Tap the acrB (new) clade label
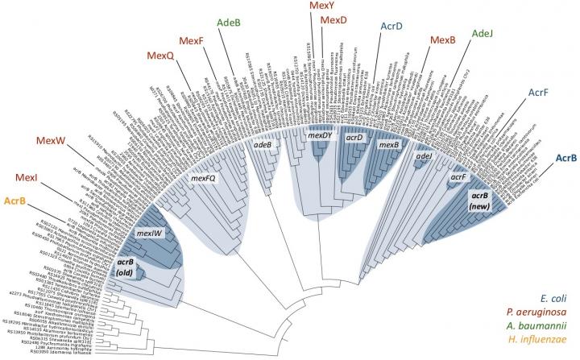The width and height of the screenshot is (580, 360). [x=481, y=200]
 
